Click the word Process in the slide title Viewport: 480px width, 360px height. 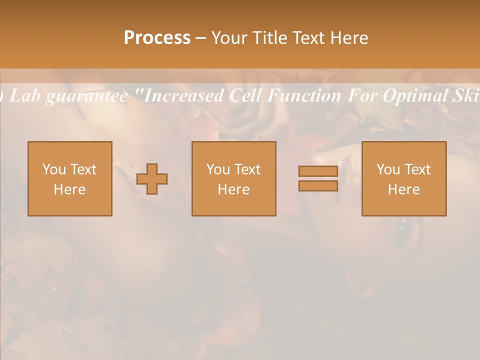[x=157, y=37]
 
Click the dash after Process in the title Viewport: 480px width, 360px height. [x=200, y=38]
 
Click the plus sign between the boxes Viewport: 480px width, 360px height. [x=152, y=179]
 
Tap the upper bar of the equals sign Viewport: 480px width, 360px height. [x=318, y=171]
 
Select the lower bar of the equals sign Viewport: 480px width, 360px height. [x=318, y=185]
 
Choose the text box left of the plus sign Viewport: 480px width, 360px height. [x=70, y=178]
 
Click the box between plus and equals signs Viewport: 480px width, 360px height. [x=234, y=178]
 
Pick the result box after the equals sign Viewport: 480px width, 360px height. [x=404, y=178]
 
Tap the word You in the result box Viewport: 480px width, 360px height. [x=386, y=169]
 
